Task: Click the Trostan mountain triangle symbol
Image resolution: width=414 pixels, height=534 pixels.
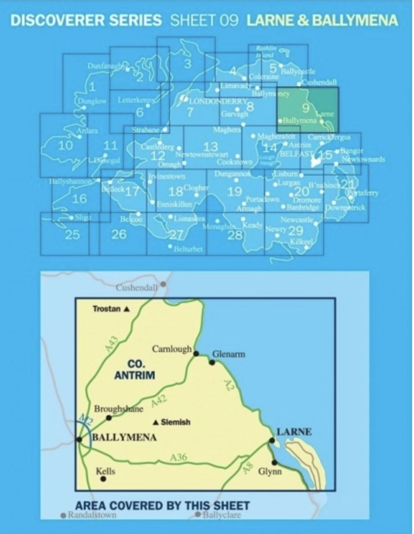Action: [126, 309]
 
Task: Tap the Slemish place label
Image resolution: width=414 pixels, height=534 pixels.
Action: [176, 422]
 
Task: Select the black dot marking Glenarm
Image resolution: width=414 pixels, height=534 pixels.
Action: [212, 362]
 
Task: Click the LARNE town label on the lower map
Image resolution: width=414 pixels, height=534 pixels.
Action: [294, 432]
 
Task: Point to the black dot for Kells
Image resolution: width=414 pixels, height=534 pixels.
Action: [104, 479]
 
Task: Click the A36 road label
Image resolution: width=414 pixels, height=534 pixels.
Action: [179, 458]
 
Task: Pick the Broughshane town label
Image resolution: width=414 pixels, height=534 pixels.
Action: [119, 409]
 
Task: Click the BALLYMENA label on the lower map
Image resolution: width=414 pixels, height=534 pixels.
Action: [124, 438]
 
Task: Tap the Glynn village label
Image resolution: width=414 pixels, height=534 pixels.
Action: [270, 472]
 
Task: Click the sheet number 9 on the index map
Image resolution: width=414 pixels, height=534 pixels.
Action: [306, 108]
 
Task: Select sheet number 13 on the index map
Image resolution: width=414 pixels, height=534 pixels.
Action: [211, 146]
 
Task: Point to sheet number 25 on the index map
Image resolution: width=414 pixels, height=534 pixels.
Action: [72, 235]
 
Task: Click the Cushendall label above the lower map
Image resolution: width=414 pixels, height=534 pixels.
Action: [137, 287]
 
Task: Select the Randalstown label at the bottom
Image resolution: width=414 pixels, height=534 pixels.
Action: [92, 515]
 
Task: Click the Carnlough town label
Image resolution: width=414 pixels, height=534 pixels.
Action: [172, 349]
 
